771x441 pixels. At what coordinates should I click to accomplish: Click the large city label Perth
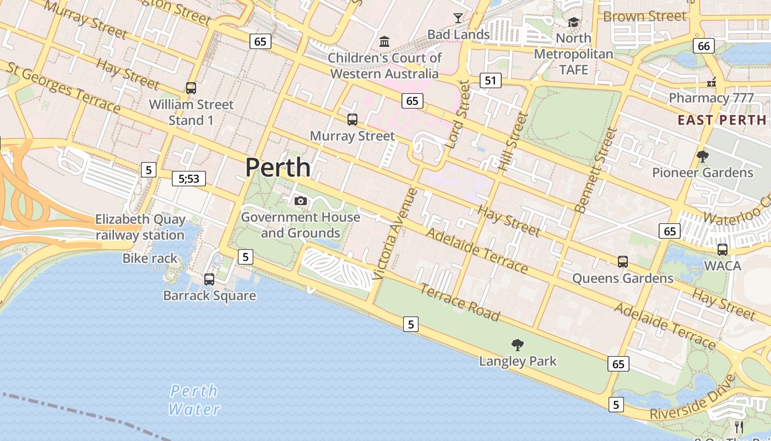278,168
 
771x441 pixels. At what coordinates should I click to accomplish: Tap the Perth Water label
194,400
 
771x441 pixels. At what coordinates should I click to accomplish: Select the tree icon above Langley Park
517,345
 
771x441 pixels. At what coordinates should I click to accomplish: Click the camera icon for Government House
300,201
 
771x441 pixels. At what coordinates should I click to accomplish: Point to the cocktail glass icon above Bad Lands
458,18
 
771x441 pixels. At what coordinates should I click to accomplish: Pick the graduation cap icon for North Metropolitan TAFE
573,23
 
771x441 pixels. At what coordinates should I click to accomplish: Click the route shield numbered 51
490,80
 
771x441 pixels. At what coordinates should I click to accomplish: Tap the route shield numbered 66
704,46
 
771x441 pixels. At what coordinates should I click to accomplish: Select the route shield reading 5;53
189,178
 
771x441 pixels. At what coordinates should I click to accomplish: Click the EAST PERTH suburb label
721,120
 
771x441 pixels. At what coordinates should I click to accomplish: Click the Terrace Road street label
460,302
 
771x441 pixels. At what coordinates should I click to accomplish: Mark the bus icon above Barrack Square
209,279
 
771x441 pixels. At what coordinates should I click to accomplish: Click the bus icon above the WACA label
722,249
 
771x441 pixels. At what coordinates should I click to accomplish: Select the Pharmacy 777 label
711,98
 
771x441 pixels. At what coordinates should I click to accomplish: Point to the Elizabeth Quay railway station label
140,227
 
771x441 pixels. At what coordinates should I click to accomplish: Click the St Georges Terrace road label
63,88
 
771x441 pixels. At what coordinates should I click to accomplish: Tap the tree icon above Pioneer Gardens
702,157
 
